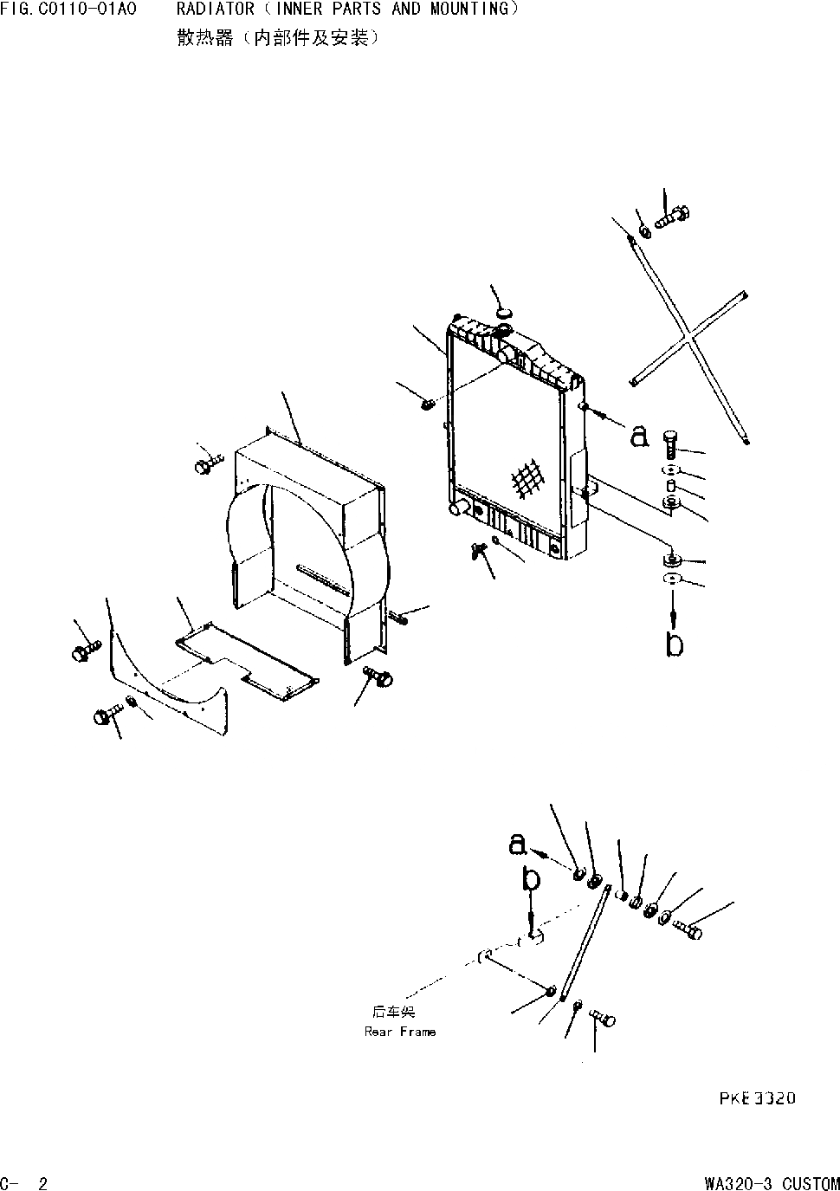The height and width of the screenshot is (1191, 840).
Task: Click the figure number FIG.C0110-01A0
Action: (x=68, y=10)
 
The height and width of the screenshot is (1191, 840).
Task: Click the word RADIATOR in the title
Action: (x=215, y=10)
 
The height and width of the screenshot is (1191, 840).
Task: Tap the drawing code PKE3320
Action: (x=756, y=1098)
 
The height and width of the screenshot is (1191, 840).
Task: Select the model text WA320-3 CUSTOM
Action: (x=772, y=1183)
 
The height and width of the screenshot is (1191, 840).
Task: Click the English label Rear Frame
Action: (x=400, y=1032)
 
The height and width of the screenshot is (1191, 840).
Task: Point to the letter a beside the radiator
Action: (x=639, y=436)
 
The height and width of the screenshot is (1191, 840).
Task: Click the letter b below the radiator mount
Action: (x=675, y=644)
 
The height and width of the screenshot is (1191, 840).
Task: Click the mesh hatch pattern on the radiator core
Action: (x=527, y=479)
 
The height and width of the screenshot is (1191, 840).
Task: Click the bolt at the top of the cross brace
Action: (x=670, y=217)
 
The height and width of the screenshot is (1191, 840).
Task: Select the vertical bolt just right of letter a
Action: (x=670, y=445)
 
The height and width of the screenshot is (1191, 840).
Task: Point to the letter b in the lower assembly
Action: (x=531, y=879)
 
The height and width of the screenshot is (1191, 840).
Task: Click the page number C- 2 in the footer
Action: (x=24, y=1183)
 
